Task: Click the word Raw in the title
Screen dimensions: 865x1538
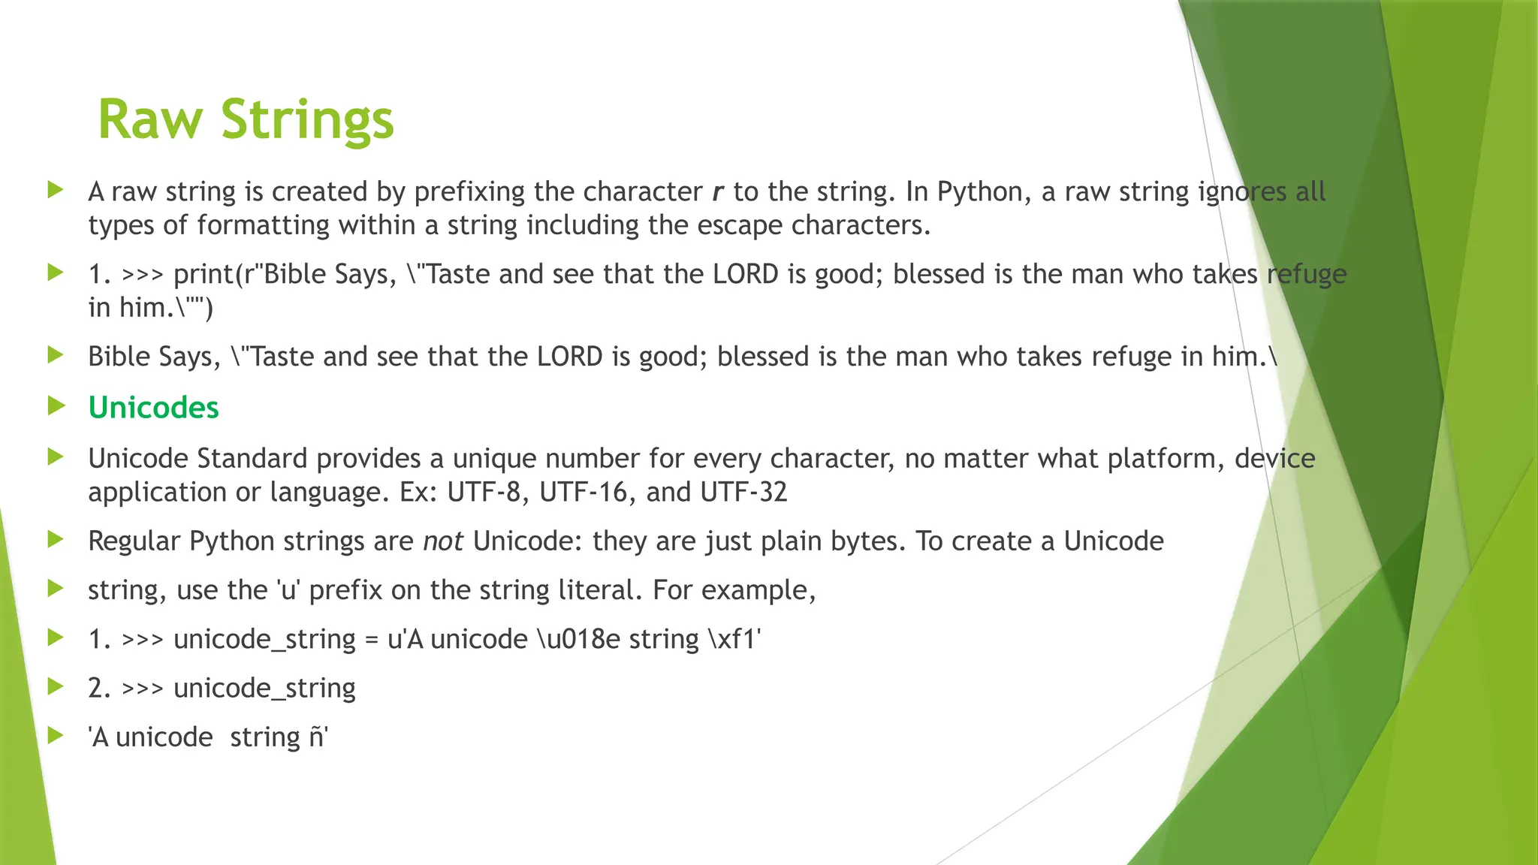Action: pyautogui.click(x=150, y=120)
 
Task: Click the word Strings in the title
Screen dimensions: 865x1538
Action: pyautogui.click(x=307, y=120)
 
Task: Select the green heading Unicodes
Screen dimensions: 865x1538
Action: pyautogui.click(x=153, y=408)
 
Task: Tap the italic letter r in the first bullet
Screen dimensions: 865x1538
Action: pyautogui.click(x=717, y=192)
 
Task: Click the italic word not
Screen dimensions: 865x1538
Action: pyautogui.click(x=443, y=541)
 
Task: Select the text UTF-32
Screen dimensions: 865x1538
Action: pyautogui.click(x=743, y=493)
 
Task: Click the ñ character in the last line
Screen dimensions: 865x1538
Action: pyautogui.click(x=316, y=737)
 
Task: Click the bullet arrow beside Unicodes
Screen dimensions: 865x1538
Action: pyautogui.click(x=56, y=406)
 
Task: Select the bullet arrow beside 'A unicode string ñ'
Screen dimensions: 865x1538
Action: pyautogui.click(x=56, y=736)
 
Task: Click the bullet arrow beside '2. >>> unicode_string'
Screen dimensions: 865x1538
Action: pyautogui.click(x=56, y=686)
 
